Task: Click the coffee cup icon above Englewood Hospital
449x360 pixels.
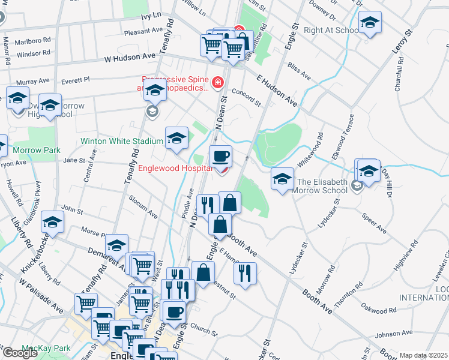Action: (x=221, y=156)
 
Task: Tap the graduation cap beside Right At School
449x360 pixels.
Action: (x=370, y=24)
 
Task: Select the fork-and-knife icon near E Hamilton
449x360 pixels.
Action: (x=245, y=273)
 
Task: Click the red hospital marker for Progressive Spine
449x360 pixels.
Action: (x=217, y=82)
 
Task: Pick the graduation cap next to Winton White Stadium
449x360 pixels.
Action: (x=176, y=138)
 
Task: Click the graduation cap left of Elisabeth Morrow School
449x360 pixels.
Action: (x=282, y=179)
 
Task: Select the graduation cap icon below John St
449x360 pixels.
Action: (x=53, y=222)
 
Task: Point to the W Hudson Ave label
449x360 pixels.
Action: (x=130, y=58)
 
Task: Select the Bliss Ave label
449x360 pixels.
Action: (x=300, y=71)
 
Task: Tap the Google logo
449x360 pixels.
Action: (x=19, y=353)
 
